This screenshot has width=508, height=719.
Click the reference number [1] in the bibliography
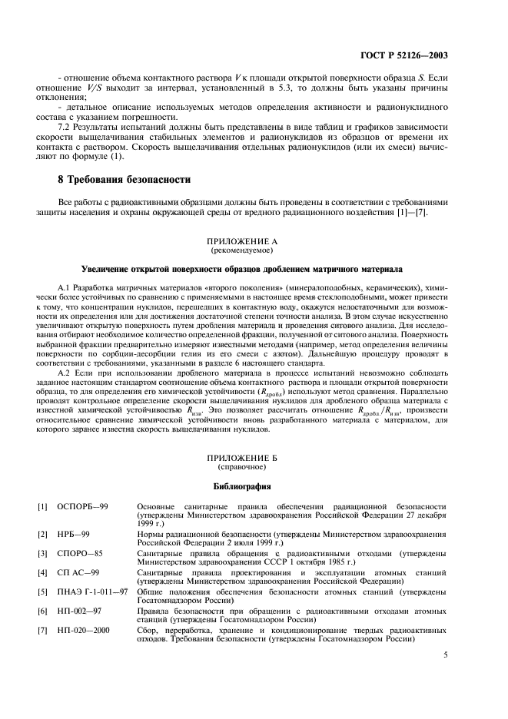click(44, 508)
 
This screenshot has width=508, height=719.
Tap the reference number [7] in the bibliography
click(44, 630)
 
